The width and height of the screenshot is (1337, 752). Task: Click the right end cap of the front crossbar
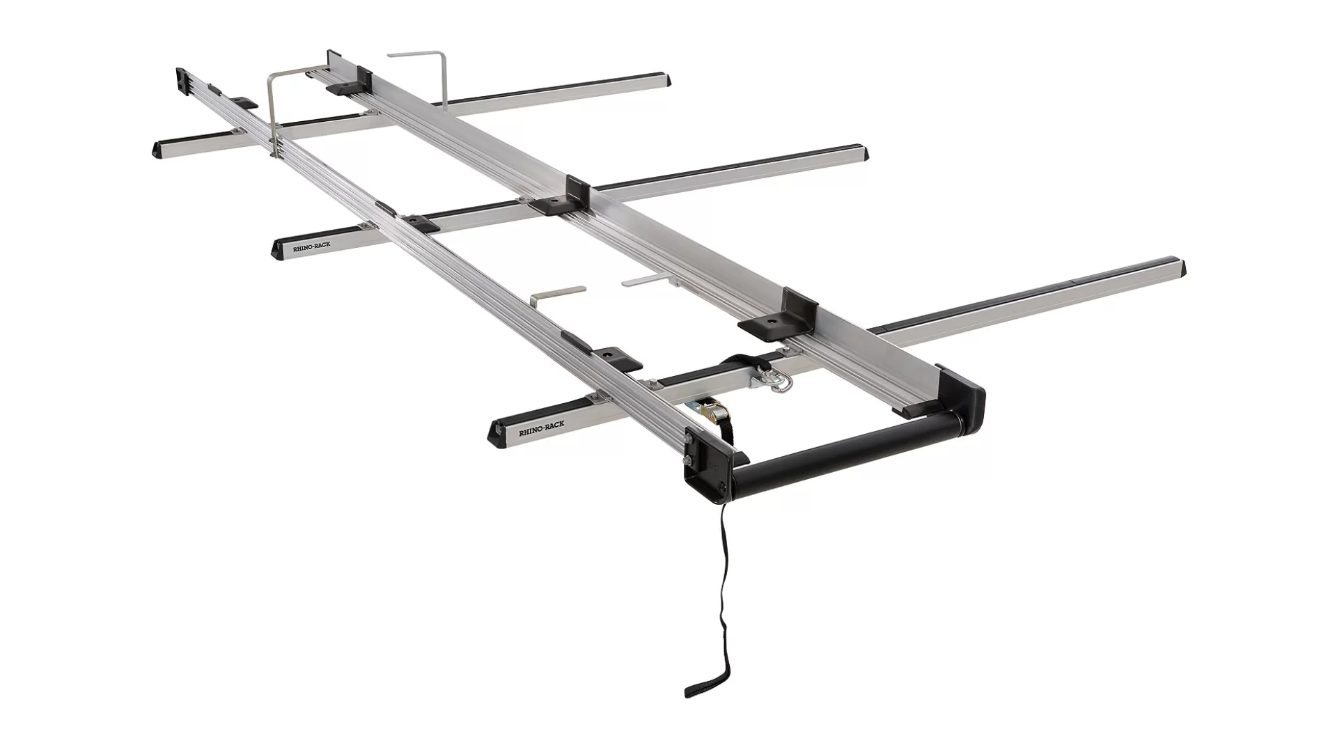pos(1176,269)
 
